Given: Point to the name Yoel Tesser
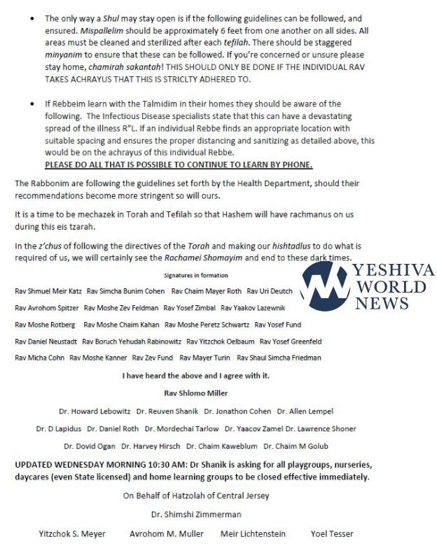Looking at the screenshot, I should click(332, 534).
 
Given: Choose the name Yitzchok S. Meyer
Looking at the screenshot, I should click(72, 534).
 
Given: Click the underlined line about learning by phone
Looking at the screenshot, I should click(179, 164).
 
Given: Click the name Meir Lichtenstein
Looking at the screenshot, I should click(253, 534).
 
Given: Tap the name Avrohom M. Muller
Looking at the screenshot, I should click(166, 534).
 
